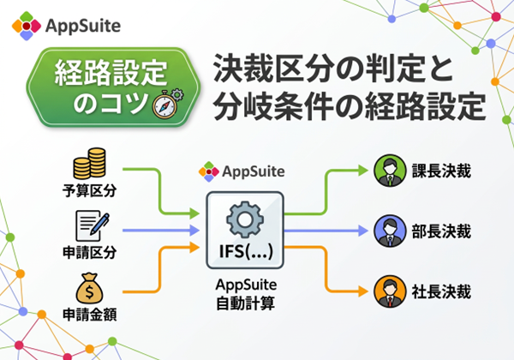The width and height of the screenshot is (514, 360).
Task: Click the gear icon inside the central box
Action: [245, 218]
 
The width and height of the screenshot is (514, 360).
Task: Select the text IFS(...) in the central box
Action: [245, 252]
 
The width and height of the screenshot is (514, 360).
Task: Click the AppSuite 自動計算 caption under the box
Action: [245, 295]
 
